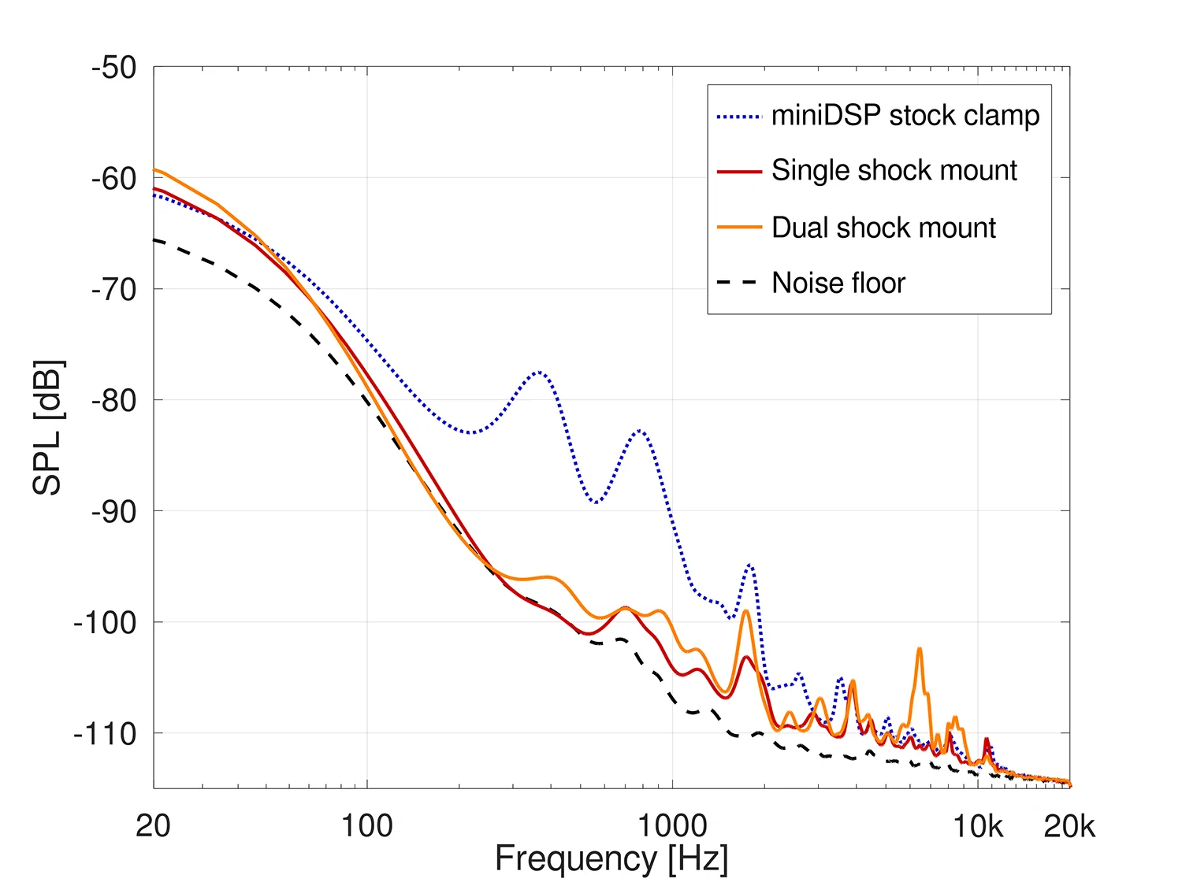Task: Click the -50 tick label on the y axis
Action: tap(114, 68)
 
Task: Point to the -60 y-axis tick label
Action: tap(114, 179)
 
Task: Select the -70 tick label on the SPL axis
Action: tap(114, 290)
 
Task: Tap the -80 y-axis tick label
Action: tap(114, 401)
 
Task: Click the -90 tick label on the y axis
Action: tap(114, 512)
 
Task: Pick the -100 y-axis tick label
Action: tap(106, 623)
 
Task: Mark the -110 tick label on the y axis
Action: tap(106, 734)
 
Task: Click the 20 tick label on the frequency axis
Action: tap(153, 826)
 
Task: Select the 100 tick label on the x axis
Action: tap(366, 826)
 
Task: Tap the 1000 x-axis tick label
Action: tap(672, 826)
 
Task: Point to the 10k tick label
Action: tap(978, 826)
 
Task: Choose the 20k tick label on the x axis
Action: tap(1069, 826)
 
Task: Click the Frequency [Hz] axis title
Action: tap(611, 859)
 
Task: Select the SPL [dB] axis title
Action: tap(48, 428)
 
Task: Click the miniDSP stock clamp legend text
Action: tap(905, 116)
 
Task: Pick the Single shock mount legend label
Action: tap(894, 170)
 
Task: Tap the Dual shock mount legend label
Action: tap(883, 228)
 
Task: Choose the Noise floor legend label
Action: tap(838, 283)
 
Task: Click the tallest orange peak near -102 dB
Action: tap(919, 649)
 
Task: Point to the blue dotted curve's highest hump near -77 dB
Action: tap(540, 372)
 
